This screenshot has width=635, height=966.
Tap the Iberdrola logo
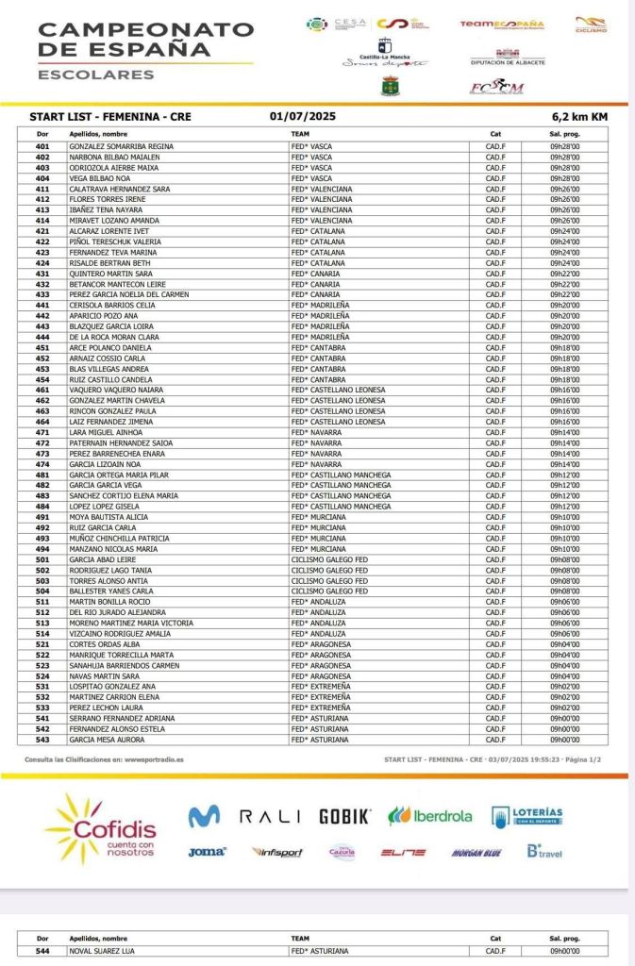coord(430,816)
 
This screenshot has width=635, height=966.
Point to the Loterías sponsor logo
coord(526,816)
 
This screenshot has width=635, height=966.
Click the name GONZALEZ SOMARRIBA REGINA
coord(122,146)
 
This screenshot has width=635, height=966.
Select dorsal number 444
coord(42,337)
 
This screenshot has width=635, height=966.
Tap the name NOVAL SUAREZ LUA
coord(102,951)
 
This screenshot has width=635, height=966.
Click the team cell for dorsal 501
coord(329,559)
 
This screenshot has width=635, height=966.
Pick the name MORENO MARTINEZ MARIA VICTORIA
coord(131,623)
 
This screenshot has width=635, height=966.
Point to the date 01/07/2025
coord(302,117)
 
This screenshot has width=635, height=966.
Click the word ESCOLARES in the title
coord(95,75)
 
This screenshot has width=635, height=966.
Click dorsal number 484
coord(42,507)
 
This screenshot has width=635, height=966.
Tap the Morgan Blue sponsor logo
coord(476,853)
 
